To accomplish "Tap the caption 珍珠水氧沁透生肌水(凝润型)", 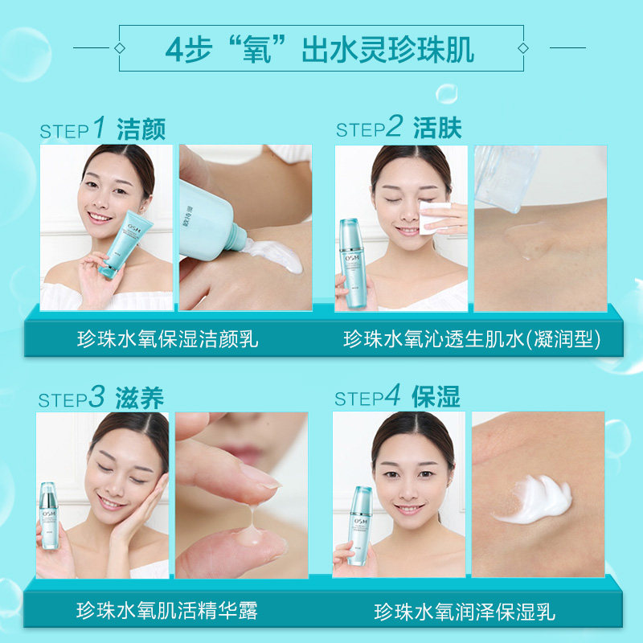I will [x=473, y=338].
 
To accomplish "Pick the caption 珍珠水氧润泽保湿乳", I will [x=465, y=612].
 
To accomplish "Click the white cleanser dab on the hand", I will [x=277, y=256].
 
